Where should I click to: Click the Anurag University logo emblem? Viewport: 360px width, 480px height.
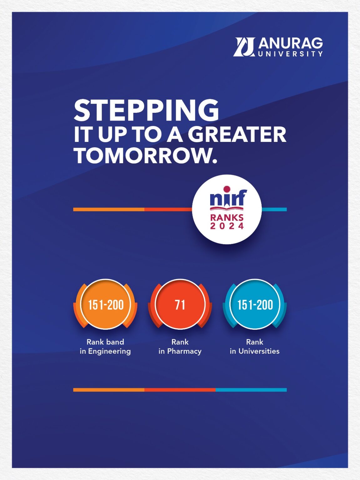[244, 47]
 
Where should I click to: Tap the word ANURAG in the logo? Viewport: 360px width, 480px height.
[291, 43]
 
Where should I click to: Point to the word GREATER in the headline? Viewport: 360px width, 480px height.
[237, 135]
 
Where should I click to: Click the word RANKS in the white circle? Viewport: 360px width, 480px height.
[227, 217]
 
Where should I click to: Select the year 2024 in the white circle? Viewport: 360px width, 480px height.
[227, 226]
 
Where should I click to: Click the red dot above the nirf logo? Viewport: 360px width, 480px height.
[227, 189]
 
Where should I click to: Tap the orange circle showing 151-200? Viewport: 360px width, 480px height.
[106, 304]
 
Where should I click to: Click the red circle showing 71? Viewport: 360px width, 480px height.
[180, 304]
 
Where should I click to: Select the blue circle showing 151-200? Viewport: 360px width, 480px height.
[255, 304]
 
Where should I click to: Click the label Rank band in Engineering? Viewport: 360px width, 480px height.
[105, 347]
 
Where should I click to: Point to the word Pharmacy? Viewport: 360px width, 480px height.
[184, 351]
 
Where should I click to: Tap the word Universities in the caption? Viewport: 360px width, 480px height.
[259, 351]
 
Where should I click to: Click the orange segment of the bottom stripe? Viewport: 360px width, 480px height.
[109, 390]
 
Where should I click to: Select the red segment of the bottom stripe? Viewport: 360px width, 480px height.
[180, 390]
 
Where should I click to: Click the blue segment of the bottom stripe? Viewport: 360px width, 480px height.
[251, 390]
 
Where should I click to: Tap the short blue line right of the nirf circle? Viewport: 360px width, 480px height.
[274, 209]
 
